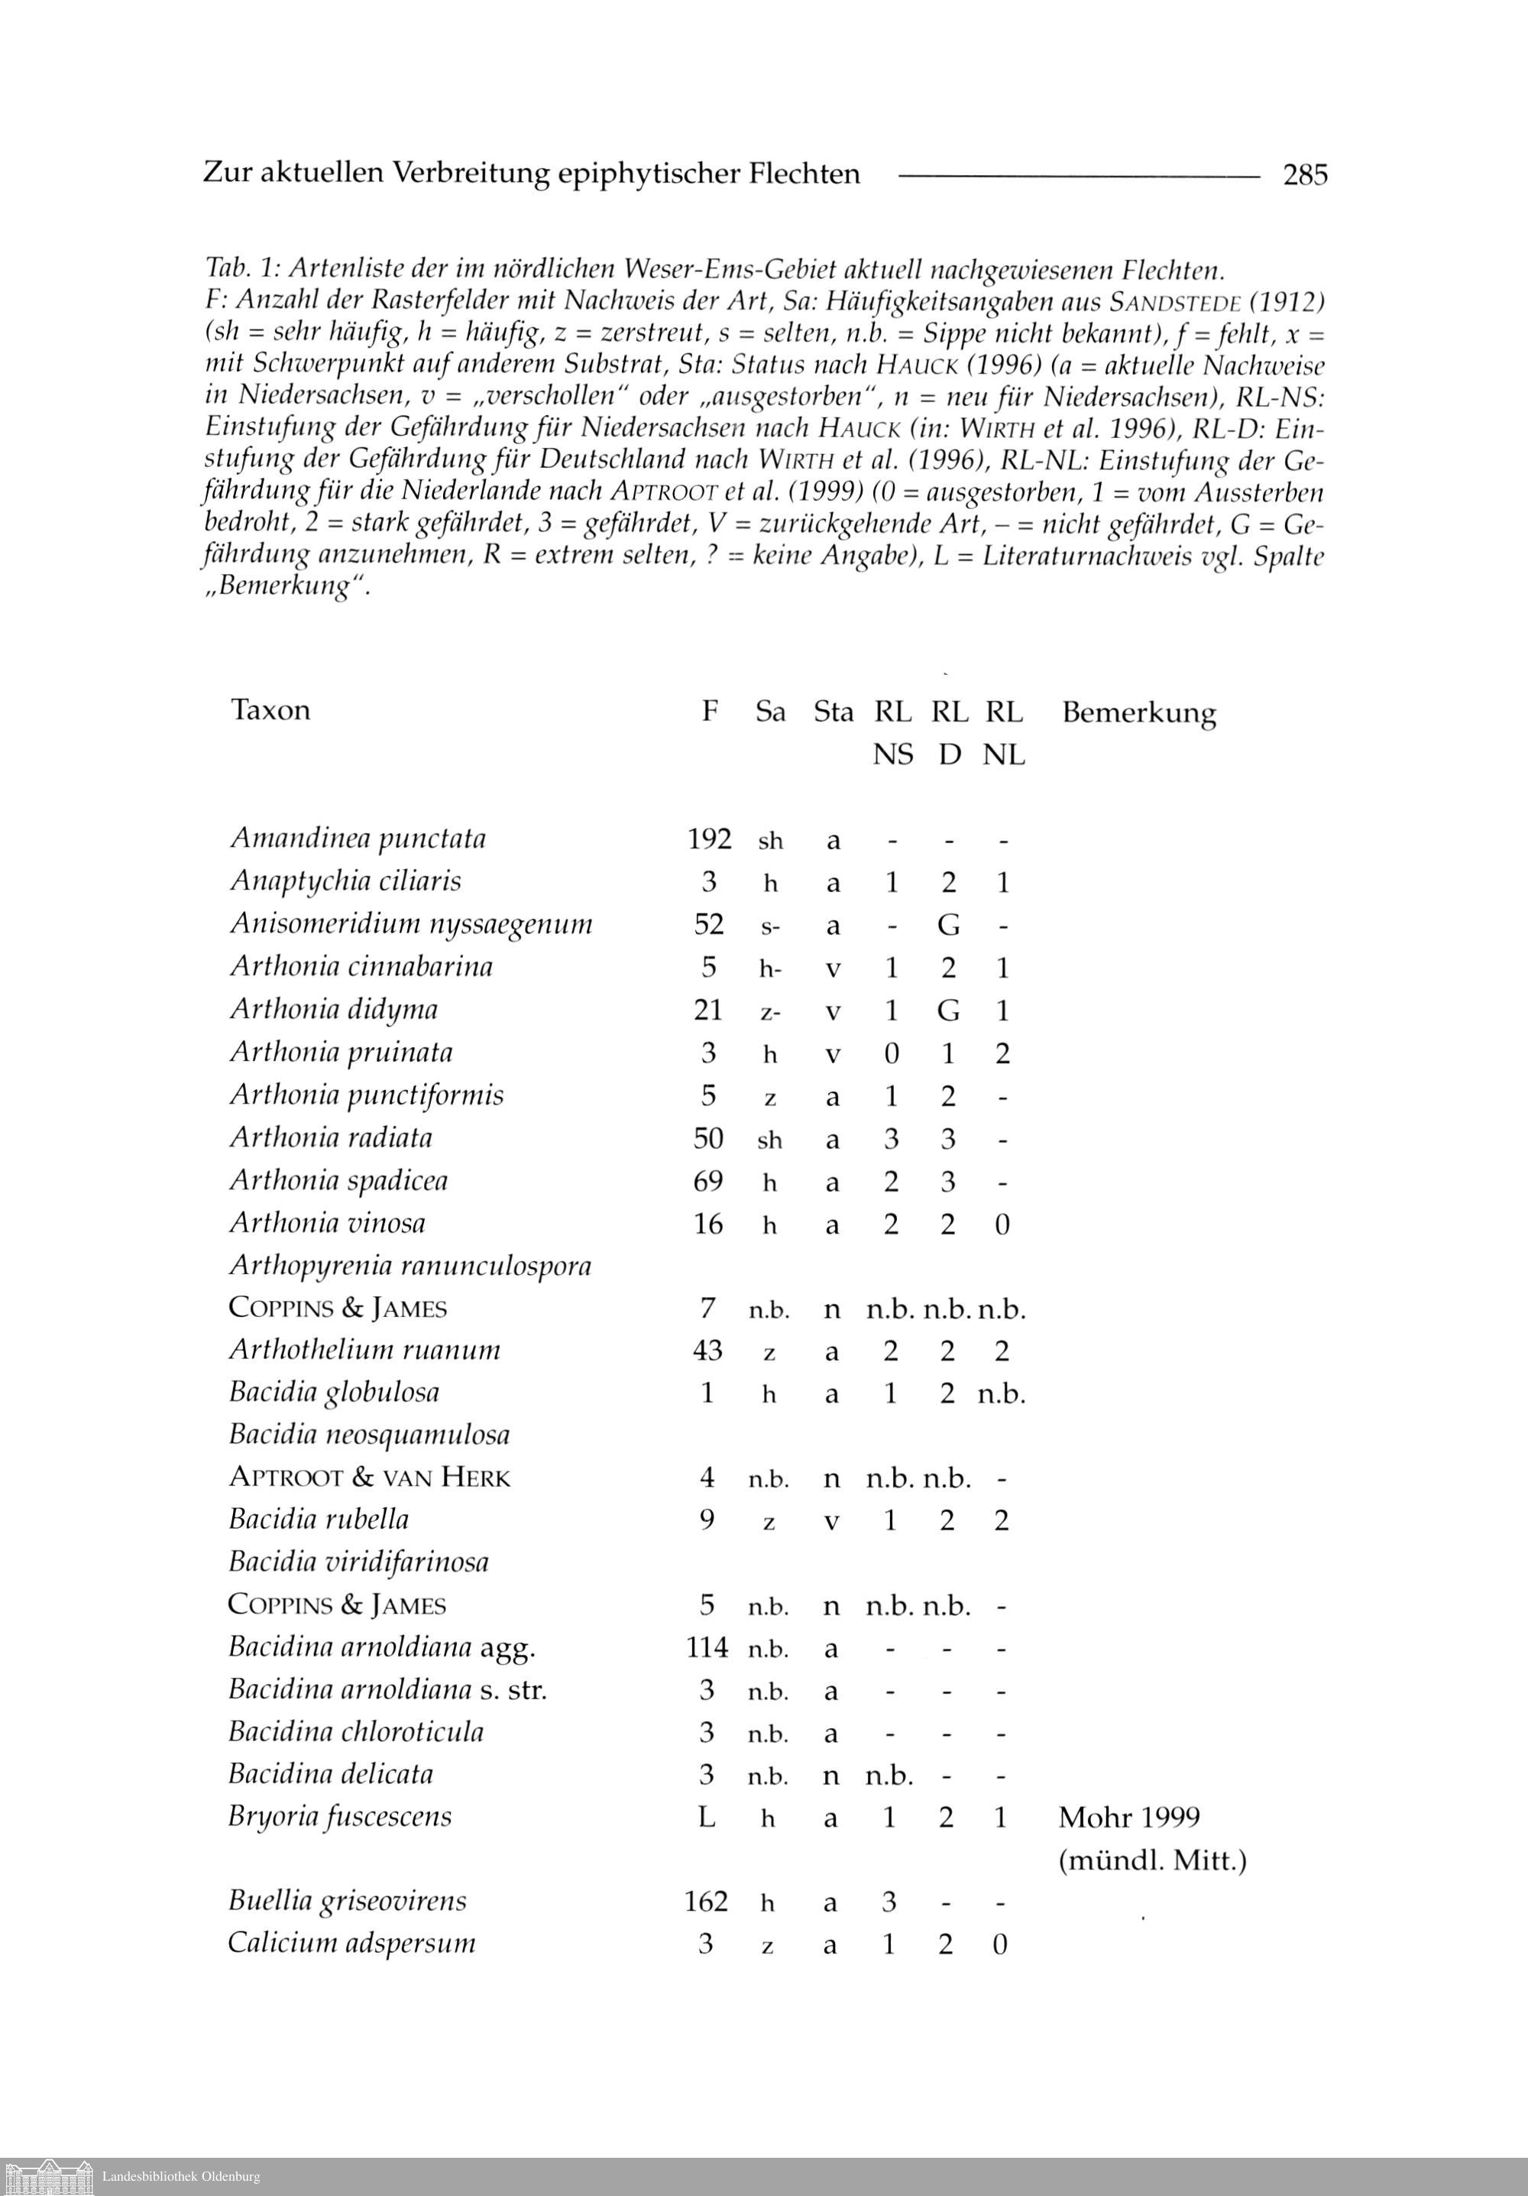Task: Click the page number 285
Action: coord(1305,175)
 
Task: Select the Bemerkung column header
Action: coord(1138,712)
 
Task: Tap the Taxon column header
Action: coord(270,709)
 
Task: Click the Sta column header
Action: coord(833,712)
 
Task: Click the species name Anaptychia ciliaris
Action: coord(345,881)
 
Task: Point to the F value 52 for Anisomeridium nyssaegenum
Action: coord(708,924)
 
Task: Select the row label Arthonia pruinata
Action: coord(342,1052)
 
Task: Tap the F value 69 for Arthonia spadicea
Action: coord(707,1181)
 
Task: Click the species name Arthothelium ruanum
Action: coord(364,1350)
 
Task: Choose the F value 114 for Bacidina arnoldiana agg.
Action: coord(707,1647)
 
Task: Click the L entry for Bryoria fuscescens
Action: coord(707,1817)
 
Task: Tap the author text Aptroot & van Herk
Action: coord(369,1478)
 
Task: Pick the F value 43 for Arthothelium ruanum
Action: coord(707,1351)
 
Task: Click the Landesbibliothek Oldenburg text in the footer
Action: coord(181,2177)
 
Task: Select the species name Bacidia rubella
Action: coord(319,1520)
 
